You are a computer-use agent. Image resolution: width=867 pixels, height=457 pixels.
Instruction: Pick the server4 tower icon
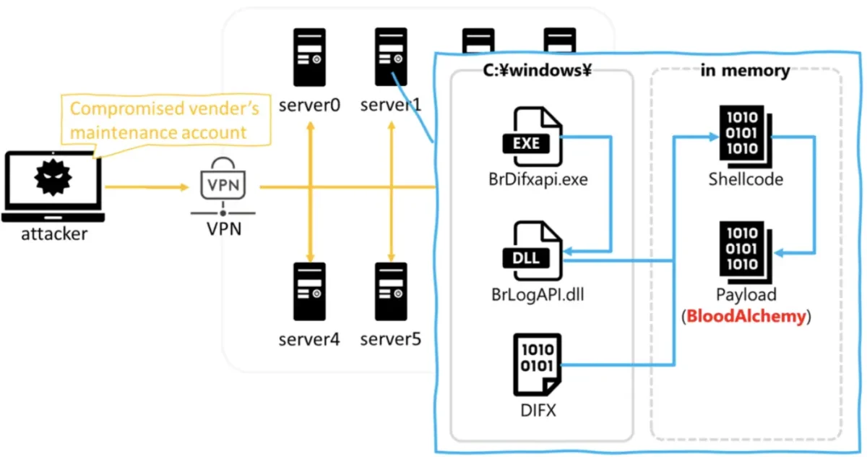(x=309, y=291)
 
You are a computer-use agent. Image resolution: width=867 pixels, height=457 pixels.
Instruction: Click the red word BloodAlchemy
(x=746, y=317)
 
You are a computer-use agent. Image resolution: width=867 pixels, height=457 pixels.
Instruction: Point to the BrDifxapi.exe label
(x=538, y=178)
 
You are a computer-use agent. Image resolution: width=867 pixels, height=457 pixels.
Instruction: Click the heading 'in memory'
(x=745, y=71)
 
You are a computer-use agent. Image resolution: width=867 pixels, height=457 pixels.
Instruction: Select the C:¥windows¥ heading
(x=538, y=71)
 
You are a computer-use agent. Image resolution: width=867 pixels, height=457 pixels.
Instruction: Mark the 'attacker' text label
(x=53, y=234)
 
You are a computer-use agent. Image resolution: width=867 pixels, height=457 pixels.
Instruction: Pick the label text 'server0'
(x=309, y=106)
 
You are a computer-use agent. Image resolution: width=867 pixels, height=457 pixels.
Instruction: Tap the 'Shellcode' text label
(x=746, y=179)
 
